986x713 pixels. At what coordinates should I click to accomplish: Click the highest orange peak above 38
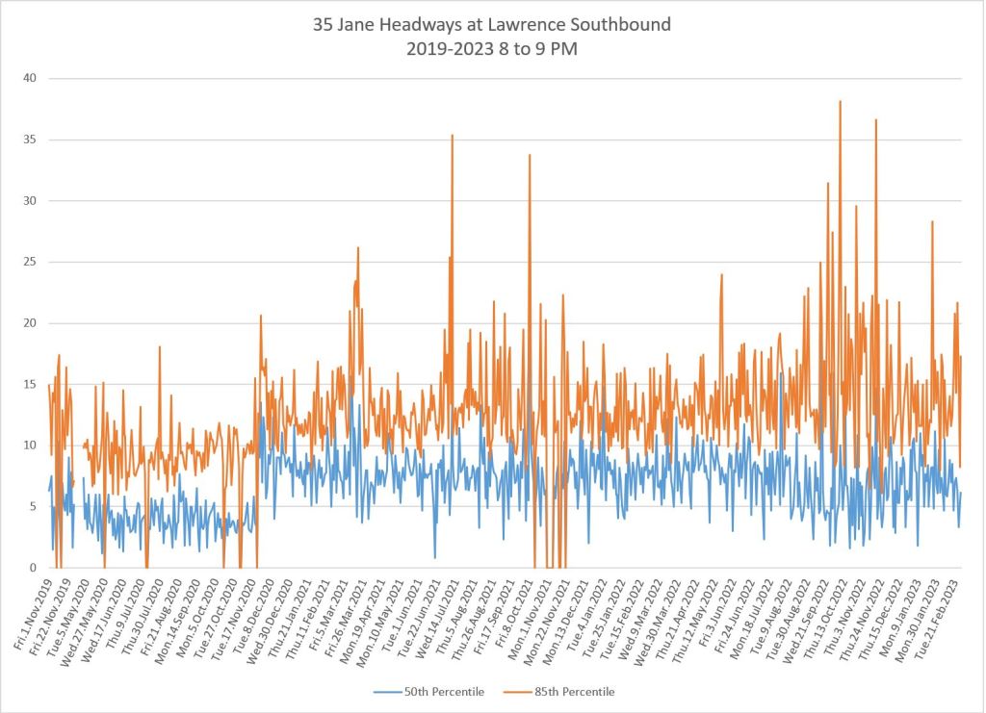tap(841, 101)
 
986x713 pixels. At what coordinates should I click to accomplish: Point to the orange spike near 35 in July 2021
tap(452, 136)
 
